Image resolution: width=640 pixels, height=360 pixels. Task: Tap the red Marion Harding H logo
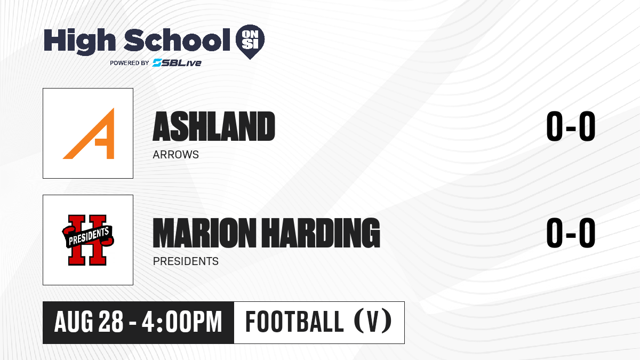point(87,240)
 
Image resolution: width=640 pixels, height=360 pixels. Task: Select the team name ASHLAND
point(214,126)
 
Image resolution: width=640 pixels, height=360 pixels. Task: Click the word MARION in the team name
point(204,233)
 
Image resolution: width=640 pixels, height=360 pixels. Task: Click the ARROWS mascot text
point(175,155)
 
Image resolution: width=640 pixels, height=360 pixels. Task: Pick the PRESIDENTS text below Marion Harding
point(186,261)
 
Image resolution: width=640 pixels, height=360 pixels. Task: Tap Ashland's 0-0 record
point(571,126)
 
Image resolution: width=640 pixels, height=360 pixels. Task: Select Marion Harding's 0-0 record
point(571,233)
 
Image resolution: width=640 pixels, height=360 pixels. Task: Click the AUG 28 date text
point(89,322)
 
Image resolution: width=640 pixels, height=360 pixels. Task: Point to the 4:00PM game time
point(182,322)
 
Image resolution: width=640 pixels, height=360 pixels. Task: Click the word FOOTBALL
point(294,322)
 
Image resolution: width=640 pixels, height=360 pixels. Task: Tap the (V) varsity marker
point(373,322)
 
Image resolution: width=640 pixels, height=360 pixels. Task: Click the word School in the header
point(177,40)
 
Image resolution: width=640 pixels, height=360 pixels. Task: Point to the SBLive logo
point(177,63)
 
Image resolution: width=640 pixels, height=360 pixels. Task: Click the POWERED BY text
point(130,63)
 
